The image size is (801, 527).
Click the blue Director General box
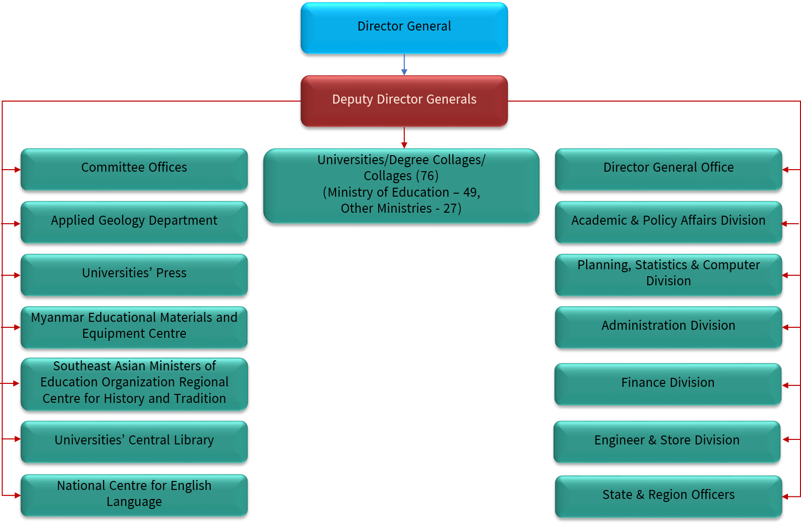click(x=404, y=28)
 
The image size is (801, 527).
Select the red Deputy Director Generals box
click(x=404, y=101)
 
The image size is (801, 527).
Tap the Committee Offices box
click(x=134, y=169)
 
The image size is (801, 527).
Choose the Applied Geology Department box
click(x=134, y=222)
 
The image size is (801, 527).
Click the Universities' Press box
click(x=134, y=275)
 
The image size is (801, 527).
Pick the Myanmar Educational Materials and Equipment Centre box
click(x=134, y=327)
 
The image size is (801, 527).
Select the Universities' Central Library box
click(x=134, y=441)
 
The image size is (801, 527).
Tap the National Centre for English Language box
click(x=134, y=495)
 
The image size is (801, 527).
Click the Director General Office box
click(x=668, y=169)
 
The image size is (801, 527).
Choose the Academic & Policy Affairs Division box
click(x=668, y=222)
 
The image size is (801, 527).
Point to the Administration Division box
click(x=668, y=327)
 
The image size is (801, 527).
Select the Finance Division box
click(x=668, y=384)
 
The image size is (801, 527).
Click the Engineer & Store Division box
click(x=667, y=441)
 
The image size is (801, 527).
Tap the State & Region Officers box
click(x=668, y=496)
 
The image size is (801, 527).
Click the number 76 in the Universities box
click(x=427, y=176)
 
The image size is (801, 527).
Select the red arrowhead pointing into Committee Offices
click(x=18, y=170)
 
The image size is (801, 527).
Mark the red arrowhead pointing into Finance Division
click(x=785, y=385)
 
